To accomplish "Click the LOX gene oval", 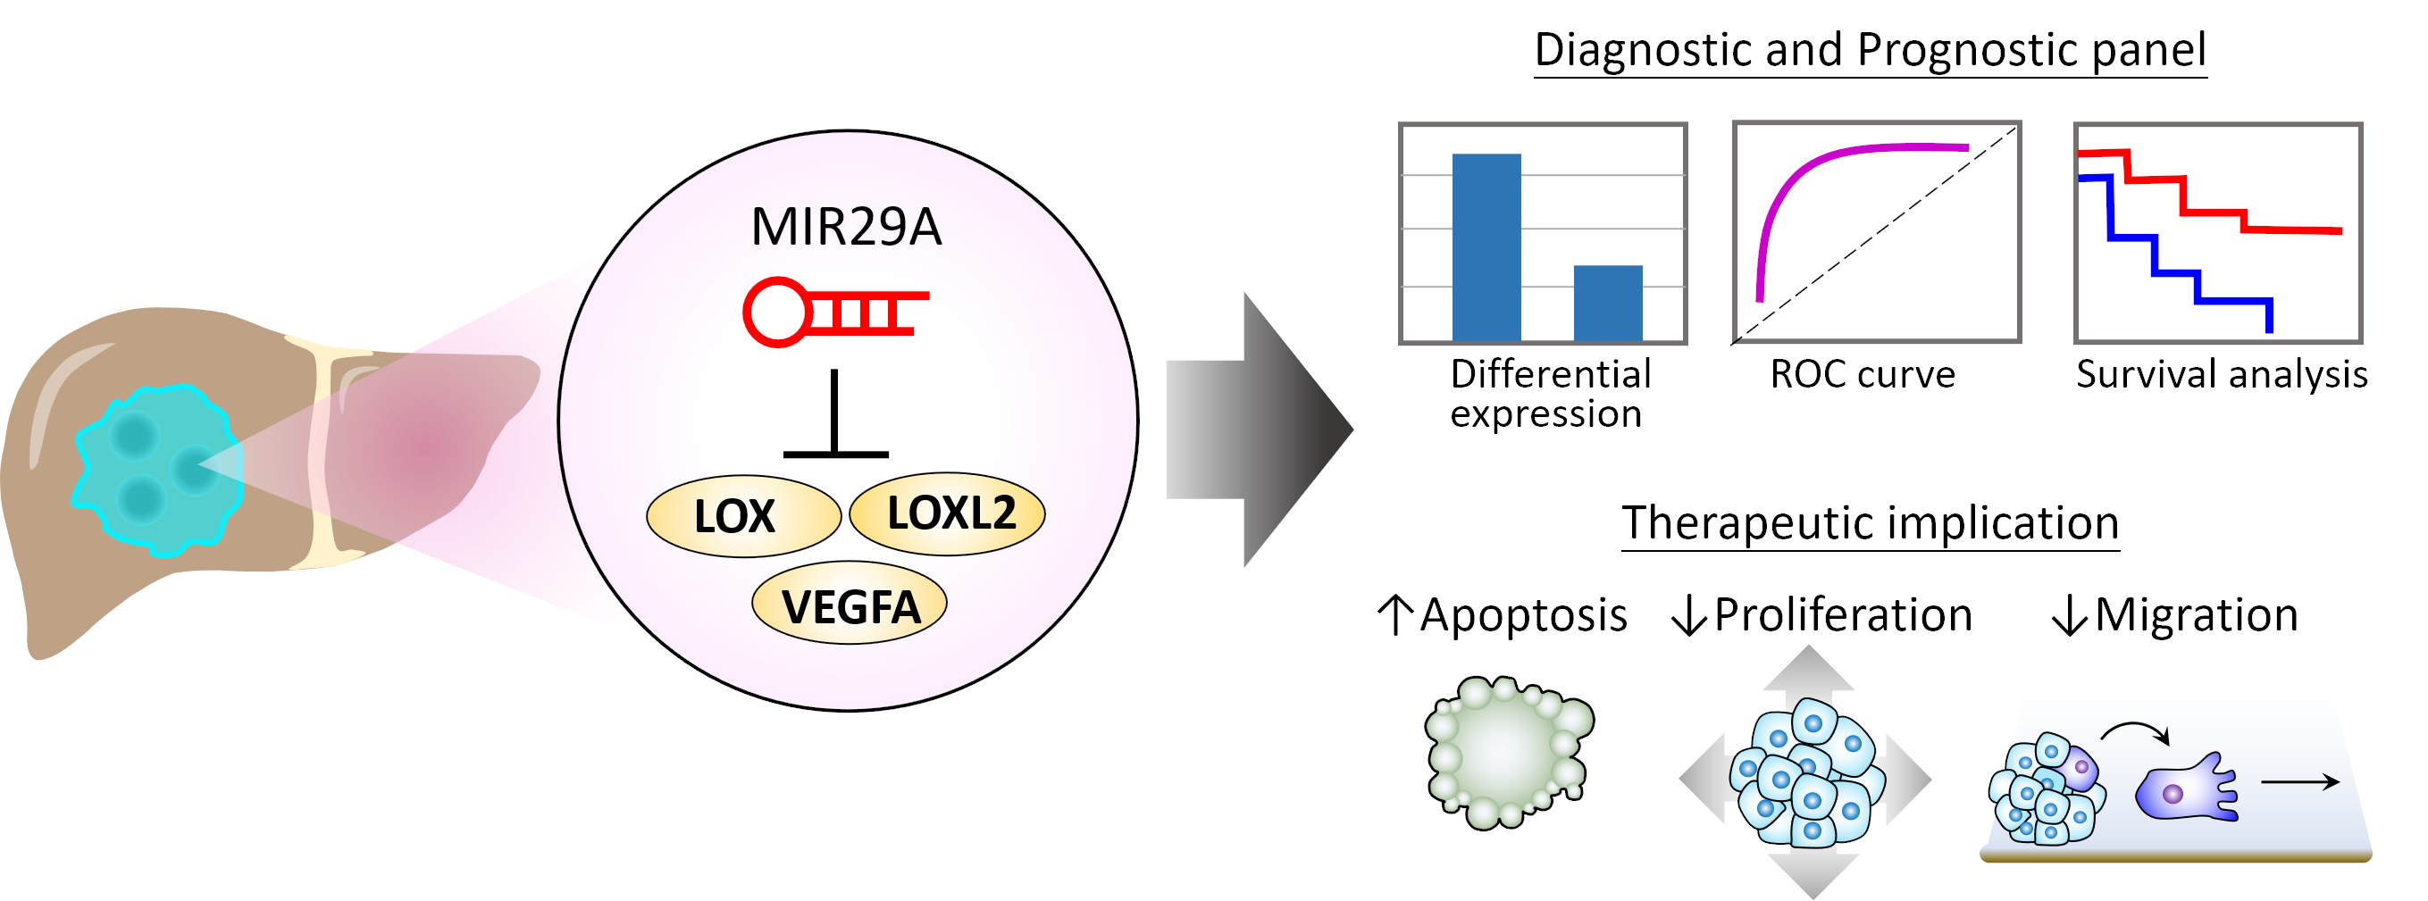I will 742,516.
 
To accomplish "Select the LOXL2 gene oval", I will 947,513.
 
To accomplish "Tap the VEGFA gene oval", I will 850,605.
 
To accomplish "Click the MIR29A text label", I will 845,227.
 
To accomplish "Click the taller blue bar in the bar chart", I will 1486,247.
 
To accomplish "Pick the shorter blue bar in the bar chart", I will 1608,303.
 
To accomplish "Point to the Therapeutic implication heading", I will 1870,523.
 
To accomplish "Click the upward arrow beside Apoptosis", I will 1396,614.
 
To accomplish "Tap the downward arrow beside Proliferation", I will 1688,615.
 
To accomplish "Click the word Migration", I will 2196,615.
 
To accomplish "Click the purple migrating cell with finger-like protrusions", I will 2183,789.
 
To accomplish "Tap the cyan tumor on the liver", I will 158,469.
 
